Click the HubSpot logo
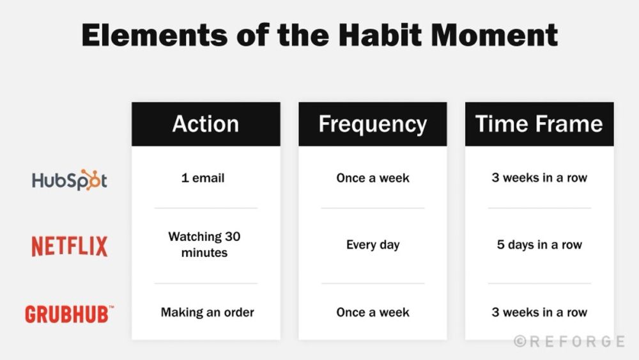point(70,180)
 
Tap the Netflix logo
point(70,246)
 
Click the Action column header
point(206,124)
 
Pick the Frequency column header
point(373,124)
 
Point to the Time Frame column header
point(539,124)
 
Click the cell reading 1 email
point(203,178)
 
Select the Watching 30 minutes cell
point(204,244)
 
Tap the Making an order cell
point(207,313)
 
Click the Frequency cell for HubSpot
point(373,178)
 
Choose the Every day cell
point(373,245)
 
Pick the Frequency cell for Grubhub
point(373,313)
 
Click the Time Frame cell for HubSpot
point(539,178)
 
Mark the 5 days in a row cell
point(539,245)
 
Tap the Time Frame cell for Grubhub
point(539,313)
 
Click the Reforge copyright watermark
point(569,341)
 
